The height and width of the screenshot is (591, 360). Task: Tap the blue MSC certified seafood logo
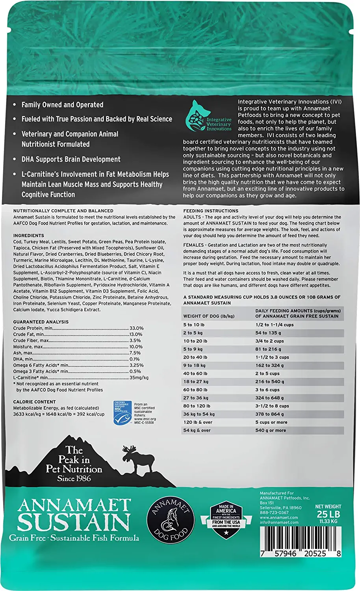[x=122, y=413]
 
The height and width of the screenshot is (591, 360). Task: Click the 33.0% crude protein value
[x=136, y=328]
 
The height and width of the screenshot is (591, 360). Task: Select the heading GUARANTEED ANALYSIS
[x=41, y=322]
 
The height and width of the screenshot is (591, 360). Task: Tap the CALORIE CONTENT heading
[x=34, y=402]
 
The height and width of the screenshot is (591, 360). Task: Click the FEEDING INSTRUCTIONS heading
[x=211, y=211]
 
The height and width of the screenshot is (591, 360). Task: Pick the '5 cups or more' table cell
[x=271, y=422]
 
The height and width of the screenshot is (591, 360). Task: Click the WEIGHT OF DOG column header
[x=209, y=316]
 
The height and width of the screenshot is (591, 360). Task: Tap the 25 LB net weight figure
[x=328, y=514]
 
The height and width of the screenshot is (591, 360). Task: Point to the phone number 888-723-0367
[x=274, y=513]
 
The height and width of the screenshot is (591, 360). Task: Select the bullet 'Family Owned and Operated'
[x=62, y=105]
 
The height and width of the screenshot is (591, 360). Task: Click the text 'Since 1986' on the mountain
[x=74, y=478]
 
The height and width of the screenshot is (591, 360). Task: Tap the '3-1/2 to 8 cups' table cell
[x=272, y=406]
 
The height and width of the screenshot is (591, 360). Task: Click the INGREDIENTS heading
[x=29, y=236]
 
